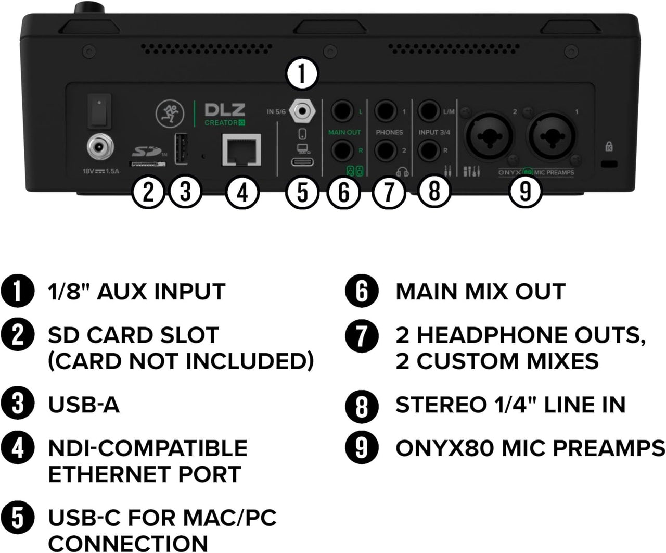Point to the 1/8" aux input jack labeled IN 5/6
pos(302,111)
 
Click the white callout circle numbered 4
pos(242,193)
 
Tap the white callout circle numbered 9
pos(526,191)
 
